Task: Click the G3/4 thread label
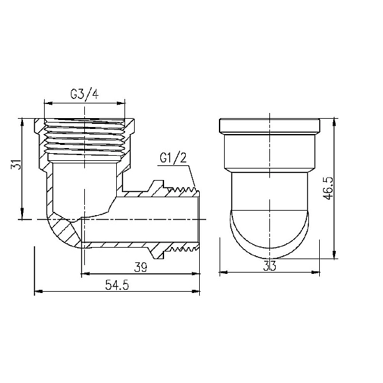coord(84,94)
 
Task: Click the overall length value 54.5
coord(117,286)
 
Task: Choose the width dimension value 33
coord(269,267)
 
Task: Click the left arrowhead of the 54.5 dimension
coord(38,292)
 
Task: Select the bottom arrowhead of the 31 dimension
coord(24,216)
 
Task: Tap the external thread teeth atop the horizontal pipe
coord(182,190)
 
